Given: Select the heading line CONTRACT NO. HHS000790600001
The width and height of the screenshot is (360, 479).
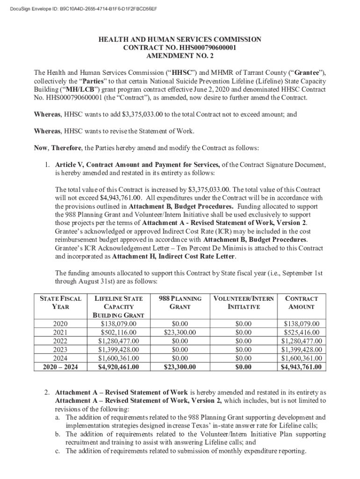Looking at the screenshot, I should [x=180, y=48].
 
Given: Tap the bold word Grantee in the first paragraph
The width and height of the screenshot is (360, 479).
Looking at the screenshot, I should [x=307, y=73].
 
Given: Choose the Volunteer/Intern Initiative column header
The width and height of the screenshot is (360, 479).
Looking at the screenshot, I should [x=244, y=303].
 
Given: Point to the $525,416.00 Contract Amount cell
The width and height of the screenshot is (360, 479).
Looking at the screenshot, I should [x=302, y=333].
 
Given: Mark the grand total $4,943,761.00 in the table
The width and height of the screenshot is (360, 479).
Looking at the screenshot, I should [x=302, y=367].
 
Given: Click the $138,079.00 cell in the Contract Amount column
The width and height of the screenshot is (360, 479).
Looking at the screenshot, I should [x=302, y=324].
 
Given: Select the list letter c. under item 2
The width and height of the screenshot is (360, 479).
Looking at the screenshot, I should [x=58, y=451].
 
